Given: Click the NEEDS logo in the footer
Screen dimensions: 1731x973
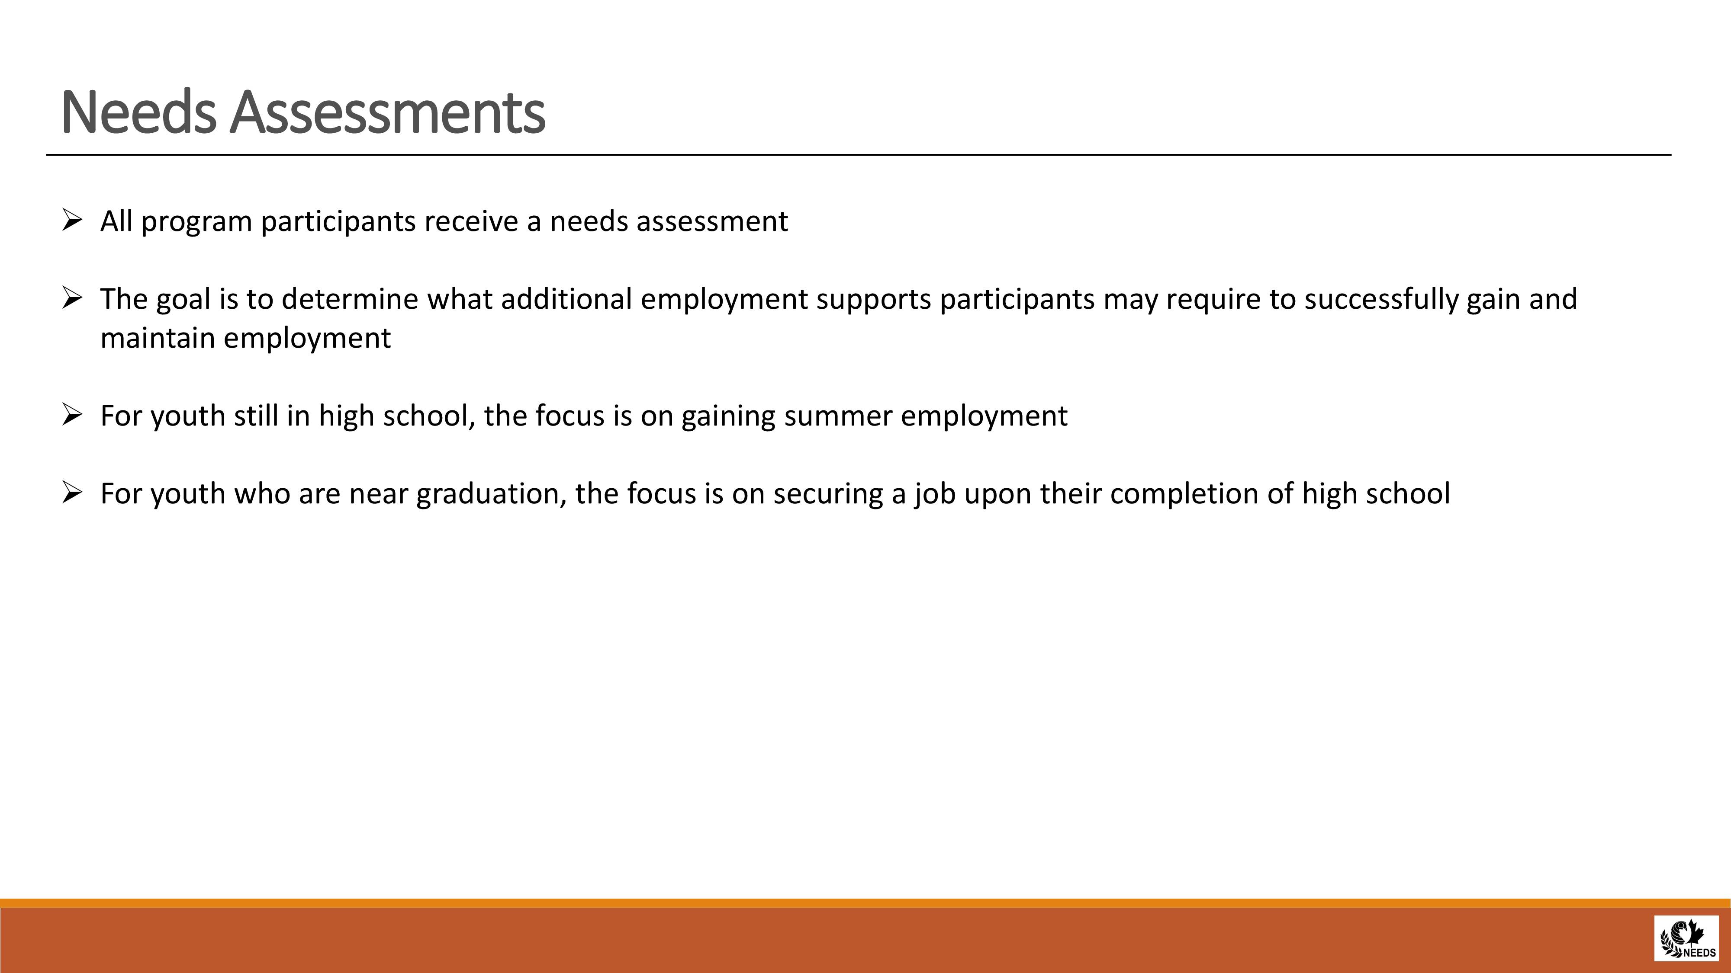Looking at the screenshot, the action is pyautogui.click(x=1686, y=938).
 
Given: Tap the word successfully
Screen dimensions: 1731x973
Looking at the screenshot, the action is pyautogui.click(x=1382, y=300).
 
